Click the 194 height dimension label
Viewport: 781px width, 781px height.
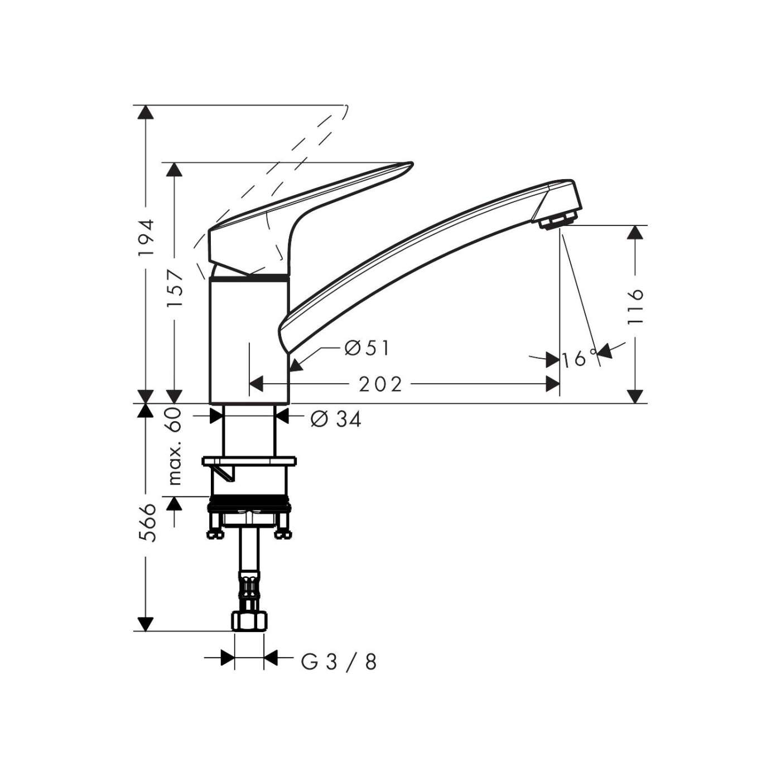[x=146, y=238]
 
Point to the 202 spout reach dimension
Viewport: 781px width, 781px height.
[x=380, y=384]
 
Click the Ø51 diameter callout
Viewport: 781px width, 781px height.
[x=367, y=348]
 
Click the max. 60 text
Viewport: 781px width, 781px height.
[x=175, y=446]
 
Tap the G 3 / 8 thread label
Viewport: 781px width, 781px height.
[x=339, y=662]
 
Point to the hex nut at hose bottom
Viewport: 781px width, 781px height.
[x=249, y=621]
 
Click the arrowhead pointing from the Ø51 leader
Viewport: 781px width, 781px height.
[x=296, y=366]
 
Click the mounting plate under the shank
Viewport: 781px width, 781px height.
[x=249, y=461]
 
